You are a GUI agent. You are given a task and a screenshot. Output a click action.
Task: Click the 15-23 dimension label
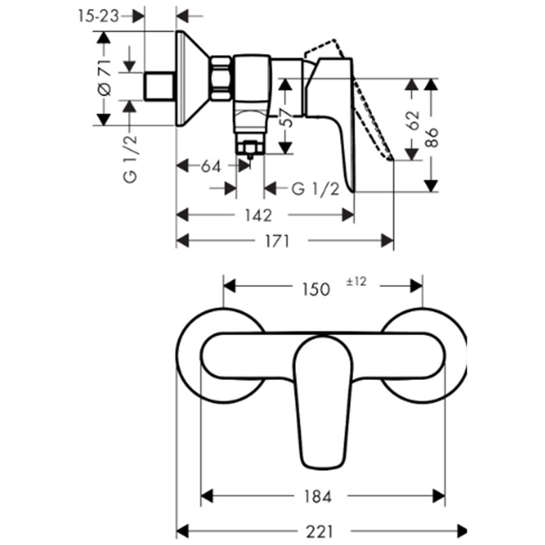tap(98, 16)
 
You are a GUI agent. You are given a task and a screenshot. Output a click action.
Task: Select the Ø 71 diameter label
tap(104, 78)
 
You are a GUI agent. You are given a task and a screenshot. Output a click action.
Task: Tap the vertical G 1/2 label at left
tap(130, 159)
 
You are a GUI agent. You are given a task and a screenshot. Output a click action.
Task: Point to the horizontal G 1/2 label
tap(315, 189)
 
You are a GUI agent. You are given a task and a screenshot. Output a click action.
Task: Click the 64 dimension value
tap(211, 166)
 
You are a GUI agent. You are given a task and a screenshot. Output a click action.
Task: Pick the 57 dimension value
tap(286, 117)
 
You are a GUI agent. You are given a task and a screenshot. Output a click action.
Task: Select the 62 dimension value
tap(414, 121)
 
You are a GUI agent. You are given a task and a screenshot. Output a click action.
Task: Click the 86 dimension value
tap(432, 138)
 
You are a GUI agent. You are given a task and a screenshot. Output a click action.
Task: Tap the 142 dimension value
tap(259, 215)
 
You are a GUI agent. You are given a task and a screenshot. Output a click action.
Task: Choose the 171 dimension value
tap(277, 241)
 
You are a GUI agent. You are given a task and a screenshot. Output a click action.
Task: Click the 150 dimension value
tap(315, 290)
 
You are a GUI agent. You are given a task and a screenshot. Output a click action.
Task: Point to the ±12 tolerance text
tap(356, 281)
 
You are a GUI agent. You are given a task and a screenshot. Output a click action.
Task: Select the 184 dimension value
tap(317, 497)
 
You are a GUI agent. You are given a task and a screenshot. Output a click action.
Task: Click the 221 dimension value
tap(319, 532)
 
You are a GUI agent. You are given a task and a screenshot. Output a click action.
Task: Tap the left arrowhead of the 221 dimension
tap(183, 531)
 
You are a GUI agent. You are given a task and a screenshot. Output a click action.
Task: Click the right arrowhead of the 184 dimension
tap(439, 496)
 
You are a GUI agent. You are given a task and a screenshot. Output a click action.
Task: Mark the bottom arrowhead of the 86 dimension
tap(431, 186)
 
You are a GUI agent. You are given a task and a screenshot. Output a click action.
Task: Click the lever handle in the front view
tap(323, 403)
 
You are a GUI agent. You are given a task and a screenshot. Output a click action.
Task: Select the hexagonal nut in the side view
tap(221, 78)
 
